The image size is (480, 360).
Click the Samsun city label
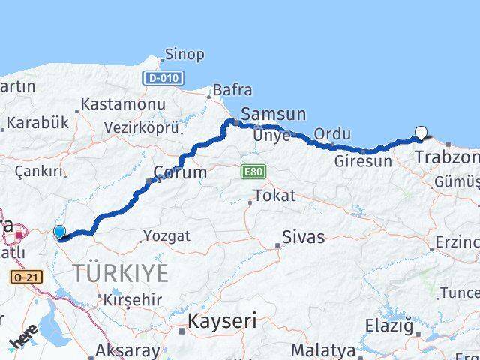pyautogui.click(x=273, y=115)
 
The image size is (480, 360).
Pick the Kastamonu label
pyautogui.click(x=123, y=103)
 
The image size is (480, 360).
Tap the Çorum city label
pyautogui.click(x=180, y=173)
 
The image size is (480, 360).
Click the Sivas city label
pyautogui.click(x=303, y=238)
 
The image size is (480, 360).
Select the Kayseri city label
pyautogui.click(x=221, y=322)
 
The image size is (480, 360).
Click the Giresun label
pyautogui.click(x=363, y=161)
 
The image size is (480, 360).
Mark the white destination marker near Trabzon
pyautogui.click(x=421, y=133)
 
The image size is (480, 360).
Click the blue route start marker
pyautogui.click(x=60, y=232)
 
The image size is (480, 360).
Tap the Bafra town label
pyautogui.click(x=232, y=90)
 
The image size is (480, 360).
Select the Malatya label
pyautogui.click(x=322, y=349)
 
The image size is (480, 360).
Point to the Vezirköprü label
pyautogui.click(x=141, y=127)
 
